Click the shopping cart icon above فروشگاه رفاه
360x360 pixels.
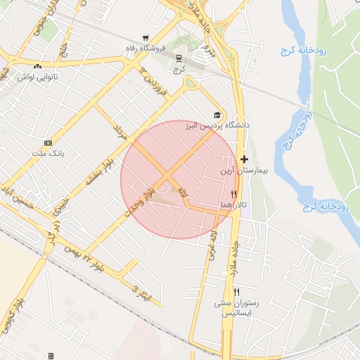tap(146, 38)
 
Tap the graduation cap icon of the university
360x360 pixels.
tap(217, 115)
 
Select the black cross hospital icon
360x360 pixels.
tap(244, 160)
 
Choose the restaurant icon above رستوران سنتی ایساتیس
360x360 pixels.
tap(237, 292)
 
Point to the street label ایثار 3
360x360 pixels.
tap(141, 285)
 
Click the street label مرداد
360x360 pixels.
tap(119, 131)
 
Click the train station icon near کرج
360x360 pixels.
tap(179, 59)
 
